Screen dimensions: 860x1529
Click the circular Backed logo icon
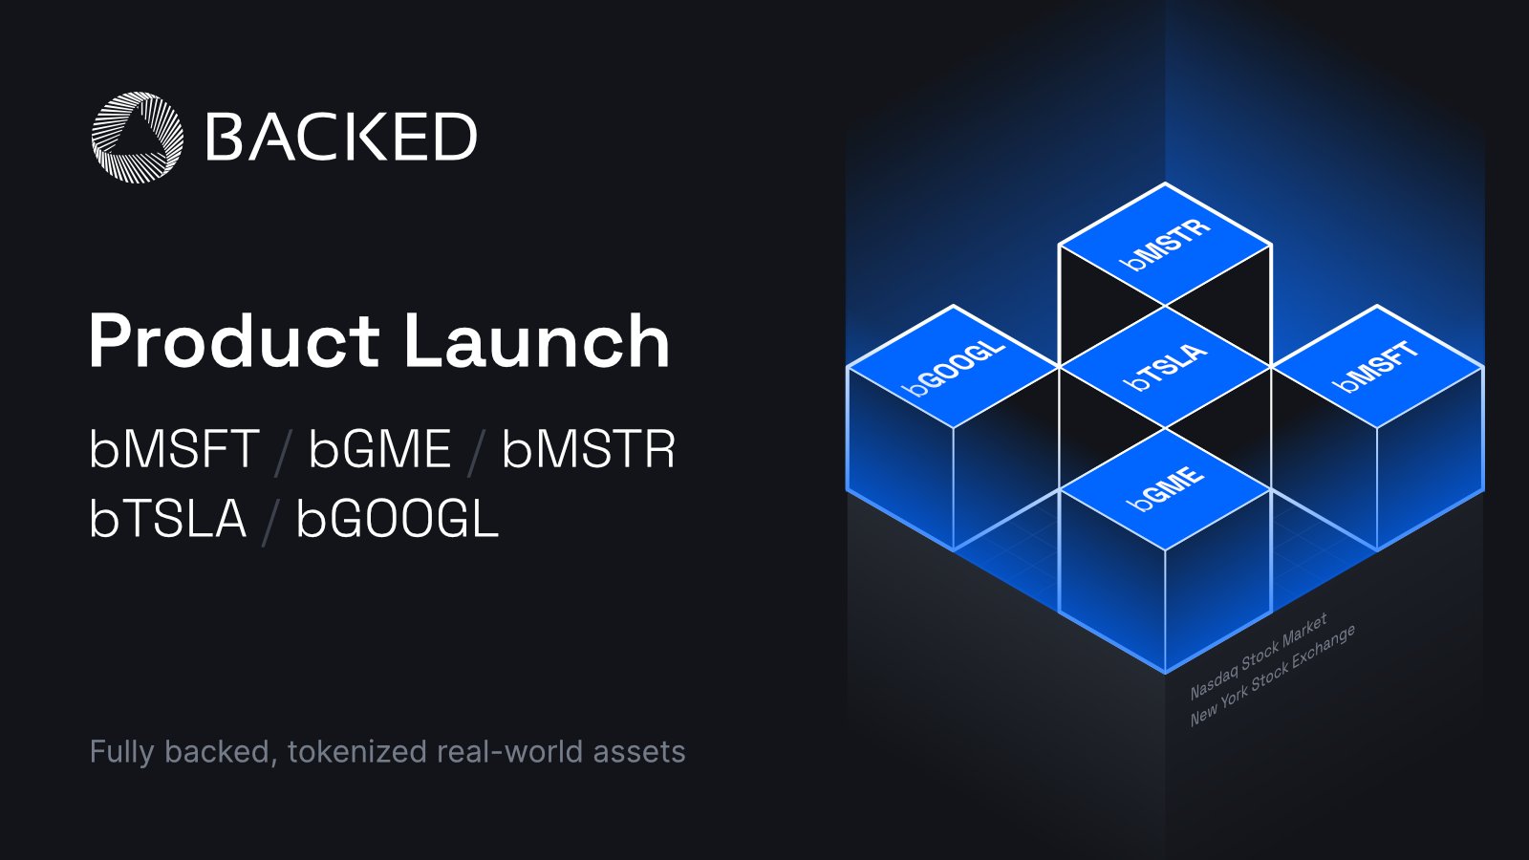point(137,137)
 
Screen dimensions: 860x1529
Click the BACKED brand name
point(341,137)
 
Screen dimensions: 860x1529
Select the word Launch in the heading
point(536,341)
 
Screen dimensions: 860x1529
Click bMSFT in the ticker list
point(174,448)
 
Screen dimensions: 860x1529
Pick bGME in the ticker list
point(379,448)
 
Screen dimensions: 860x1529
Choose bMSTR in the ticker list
point(589,448)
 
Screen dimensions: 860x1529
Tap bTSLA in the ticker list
point(167,519)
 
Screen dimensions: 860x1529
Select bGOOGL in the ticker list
point(398,519)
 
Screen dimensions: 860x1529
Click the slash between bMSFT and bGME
point(283,451)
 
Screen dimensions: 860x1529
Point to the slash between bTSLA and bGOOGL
point(270,522)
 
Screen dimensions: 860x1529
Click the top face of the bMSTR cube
point(1165,245)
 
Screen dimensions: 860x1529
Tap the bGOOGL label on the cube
point(954,367)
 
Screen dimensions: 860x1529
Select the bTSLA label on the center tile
point(1165,367)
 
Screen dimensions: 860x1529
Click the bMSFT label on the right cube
point(1376,367)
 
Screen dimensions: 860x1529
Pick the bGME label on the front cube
point(1165,488)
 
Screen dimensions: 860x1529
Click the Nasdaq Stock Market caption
point(1258,656)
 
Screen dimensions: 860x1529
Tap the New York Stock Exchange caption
point(1272,676)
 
